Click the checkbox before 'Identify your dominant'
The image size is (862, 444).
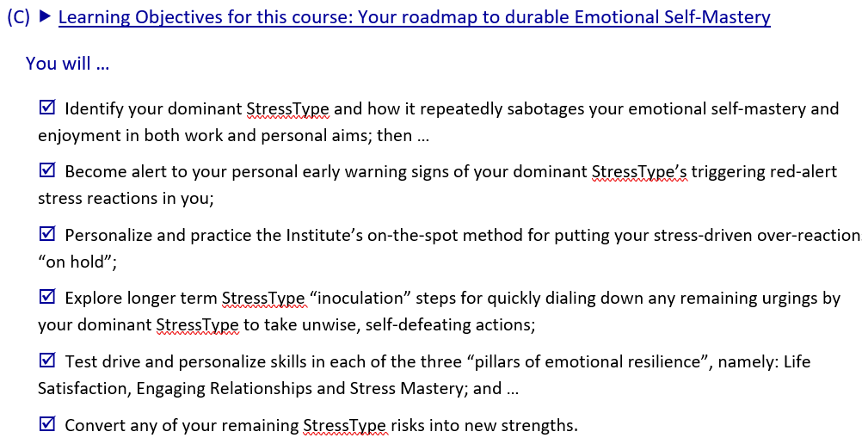coord(47,107)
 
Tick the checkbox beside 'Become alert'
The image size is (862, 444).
coord(47,170)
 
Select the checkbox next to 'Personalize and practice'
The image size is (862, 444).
coord(47,233)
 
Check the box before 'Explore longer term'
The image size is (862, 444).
coord(47,297)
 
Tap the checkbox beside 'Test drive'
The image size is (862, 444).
coord(47,360)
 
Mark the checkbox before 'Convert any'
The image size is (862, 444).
coord(47,423)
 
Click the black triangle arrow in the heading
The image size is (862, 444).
coord(46,17)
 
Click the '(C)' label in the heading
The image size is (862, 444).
coord(19,17)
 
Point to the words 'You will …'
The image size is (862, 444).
coord(68,64)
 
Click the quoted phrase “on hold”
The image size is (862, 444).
coord(77,262)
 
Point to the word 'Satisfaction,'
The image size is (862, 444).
coord(84,389)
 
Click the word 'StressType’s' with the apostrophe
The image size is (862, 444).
coord(639,172)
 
